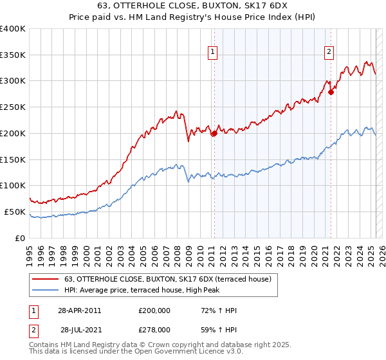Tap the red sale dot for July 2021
tap(331, 92)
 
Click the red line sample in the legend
tap(45, 279)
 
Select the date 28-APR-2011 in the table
tap(78, 311)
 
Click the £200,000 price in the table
tap(154, 311)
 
